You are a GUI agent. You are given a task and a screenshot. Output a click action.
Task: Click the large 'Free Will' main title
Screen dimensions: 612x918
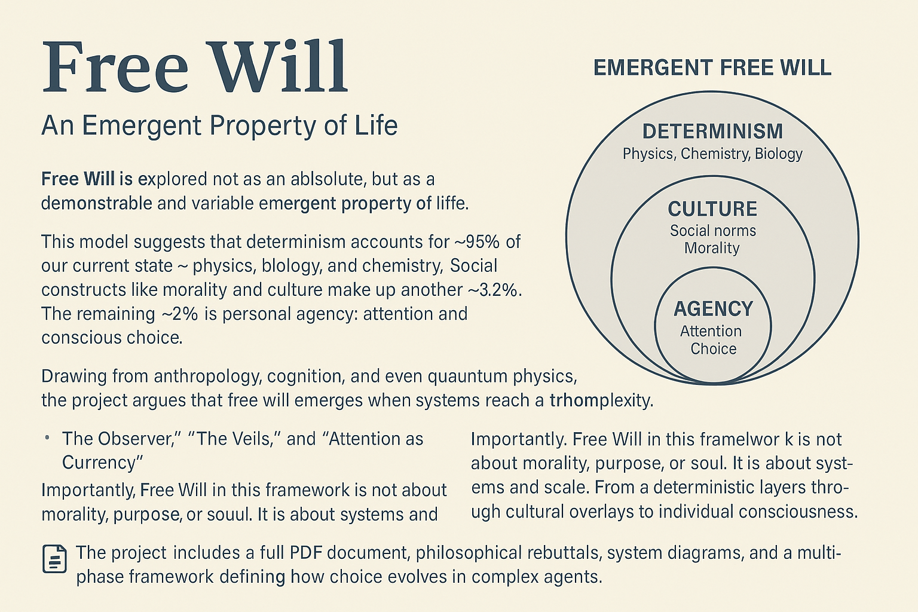click(x=195, y=67)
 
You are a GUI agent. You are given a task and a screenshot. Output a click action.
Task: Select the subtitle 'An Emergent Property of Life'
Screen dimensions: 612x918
click(x=219, y=126)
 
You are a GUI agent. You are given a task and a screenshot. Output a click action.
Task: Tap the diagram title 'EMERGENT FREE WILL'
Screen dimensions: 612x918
click(x=712, y=68)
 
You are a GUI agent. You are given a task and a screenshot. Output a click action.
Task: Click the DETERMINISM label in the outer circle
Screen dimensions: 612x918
click(x=712, y=131)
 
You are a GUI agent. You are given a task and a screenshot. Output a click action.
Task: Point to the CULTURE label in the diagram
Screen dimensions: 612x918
click(x=712, y=209)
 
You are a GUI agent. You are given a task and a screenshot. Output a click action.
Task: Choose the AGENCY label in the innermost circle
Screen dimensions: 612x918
click(x=713, y=309)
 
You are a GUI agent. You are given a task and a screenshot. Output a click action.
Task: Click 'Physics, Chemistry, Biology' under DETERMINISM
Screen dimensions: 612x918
click(x=712, y=154)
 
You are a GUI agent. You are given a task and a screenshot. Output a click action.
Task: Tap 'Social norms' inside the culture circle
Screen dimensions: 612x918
click(x=712, y=231)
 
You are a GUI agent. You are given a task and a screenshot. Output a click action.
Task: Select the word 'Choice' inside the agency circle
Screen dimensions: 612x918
click(x=713, y=349)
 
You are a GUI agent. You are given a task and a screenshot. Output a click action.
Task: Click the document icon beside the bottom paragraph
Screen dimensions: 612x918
click(x=55, y=559)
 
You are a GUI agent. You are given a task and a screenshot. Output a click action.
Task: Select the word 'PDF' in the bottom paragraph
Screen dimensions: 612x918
click(x=305, y=553)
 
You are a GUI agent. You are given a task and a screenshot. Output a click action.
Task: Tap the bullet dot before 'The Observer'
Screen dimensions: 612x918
click(x=47, y=439)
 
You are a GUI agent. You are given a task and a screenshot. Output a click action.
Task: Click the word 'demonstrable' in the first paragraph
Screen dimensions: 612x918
click(x=96, y=204)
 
